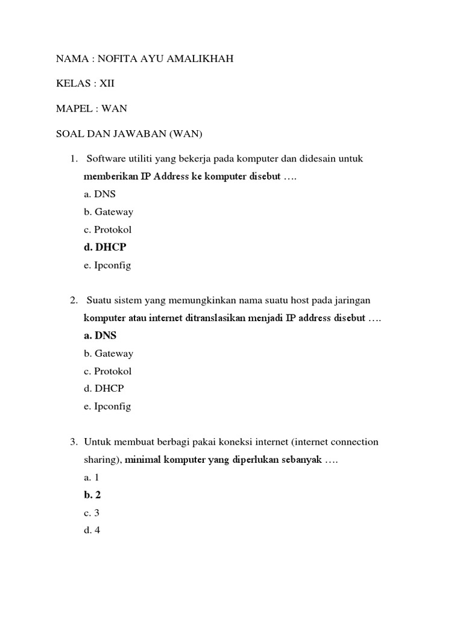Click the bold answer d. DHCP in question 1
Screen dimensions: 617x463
106,247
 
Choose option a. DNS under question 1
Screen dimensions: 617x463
100,194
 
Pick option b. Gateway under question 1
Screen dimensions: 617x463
109,212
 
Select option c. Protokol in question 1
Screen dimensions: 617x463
108,230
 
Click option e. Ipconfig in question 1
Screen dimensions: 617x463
107,265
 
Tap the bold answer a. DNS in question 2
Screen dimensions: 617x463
100,336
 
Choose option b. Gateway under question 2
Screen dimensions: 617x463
109,354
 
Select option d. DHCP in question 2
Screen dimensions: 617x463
104,389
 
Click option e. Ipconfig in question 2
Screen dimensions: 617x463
107,407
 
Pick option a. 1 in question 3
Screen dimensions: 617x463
92,477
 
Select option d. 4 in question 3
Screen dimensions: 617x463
92,531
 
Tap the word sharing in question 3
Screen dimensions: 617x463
102,460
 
